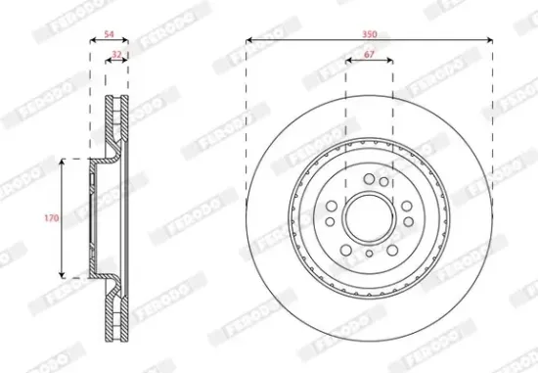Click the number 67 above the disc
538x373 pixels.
[369, 56]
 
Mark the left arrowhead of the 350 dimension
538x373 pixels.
[248, 40]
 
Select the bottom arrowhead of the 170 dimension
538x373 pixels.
[64, 274]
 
